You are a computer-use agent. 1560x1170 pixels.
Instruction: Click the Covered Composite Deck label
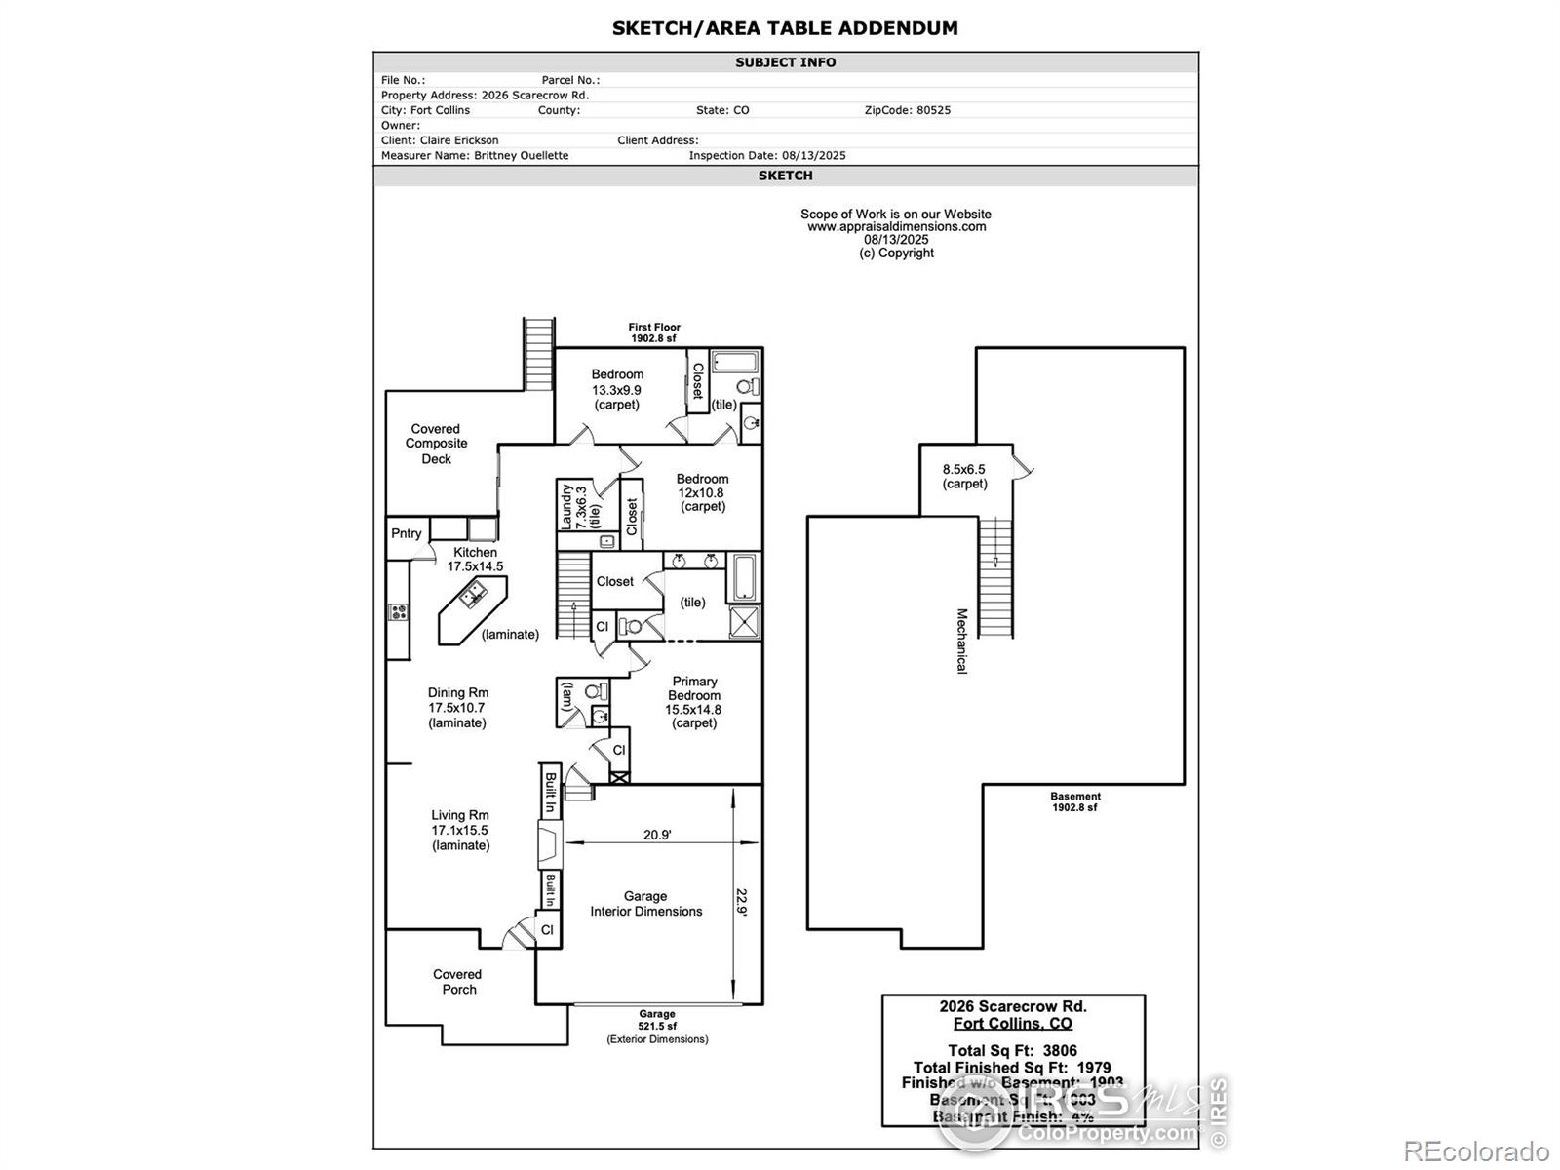pyautogui.click(x=437, y=444)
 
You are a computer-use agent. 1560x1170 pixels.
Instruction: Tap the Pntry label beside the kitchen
pyautogui.click(x=407, y=533)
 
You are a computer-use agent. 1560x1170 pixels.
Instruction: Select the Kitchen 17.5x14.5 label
pyautogui.click(x=475, y=559)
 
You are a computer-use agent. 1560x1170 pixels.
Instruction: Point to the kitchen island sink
pyautogui.click(x=474, y=591)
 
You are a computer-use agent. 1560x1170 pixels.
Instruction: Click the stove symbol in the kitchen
pyautogui.click(x=399, y=612)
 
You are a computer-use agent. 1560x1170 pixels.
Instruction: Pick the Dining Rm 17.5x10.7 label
pyautogui.click(x=457, y=708)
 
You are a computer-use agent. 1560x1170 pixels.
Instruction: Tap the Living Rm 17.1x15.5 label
pyautogui.click(x=460, y=830)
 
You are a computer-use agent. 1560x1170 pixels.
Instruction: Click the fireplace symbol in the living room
pyautogui.click(x=550, y=843)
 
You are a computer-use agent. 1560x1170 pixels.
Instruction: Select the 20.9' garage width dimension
pyautogui.click(x=657, y=835)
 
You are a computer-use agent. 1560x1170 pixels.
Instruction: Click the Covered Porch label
pyautogui.click(x=458, y=981)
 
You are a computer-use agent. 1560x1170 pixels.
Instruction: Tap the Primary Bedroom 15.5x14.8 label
pyautogui.click(x=694, y=702)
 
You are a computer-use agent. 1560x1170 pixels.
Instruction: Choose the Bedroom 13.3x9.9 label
pyautogui.click(x=617, y=389)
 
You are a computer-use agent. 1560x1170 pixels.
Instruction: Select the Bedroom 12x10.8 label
pyautogui.click(x=702, y=492)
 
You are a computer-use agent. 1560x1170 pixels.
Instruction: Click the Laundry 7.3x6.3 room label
pyautogui.click(x=575, y=506)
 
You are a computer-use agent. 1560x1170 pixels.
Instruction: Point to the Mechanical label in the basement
pyautogui.click(x=961, y=641)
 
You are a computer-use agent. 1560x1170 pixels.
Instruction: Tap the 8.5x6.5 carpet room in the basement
pyautogui.click(x=964, y=476)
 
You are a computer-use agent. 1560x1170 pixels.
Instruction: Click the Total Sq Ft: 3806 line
pyautogui.click(x=1012, y=1051)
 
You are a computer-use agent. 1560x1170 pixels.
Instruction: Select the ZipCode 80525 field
pyautogui.click(x=907, y=110)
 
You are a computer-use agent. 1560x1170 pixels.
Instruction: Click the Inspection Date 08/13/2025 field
pyautogui.click(x=767, y=155)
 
